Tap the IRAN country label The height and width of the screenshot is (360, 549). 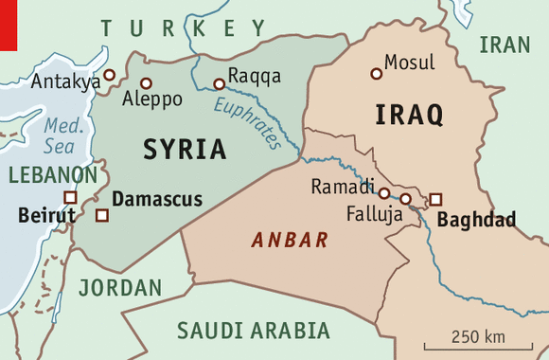click(x=505, y=45)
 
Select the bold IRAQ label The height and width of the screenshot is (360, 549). click(x=409, y=116)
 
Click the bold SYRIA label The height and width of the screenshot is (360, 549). click(x=185, y=149)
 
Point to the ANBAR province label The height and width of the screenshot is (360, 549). click(x=290, y=241)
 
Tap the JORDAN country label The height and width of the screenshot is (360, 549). click(x=119, y=287)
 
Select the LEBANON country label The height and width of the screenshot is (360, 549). click(x=52, y=174)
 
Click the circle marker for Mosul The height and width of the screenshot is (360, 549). click(x=377, y=73)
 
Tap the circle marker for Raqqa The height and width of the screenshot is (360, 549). click(x=219, y=83)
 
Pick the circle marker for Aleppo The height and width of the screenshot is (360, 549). click(x=146, y=83)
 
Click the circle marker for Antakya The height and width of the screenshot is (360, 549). click(x=109, y=74)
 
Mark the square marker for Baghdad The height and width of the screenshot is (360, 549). click(x=435, y=199)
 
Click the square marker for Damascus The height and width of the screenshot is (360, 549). click(x=102, y=215)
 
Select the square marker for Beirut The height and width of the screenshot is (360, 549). click(x=69, y=197)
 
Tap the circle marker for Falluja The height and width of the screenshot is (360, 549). click(x=405, y=199)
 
